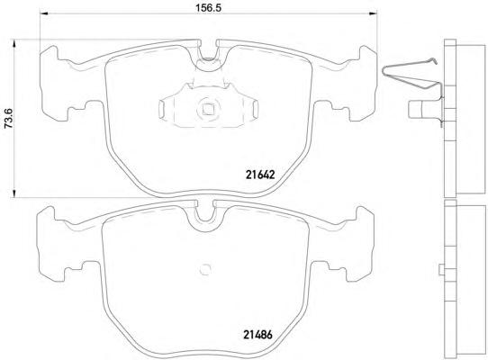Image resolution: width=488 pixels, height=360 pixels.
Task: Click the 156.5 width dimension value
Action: coord(209,7)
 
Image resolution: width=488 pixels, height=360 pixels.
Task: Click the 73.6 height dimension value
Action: coord(8,119)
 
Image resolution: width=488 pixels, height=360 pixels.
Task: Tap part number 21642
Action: coord(260,175)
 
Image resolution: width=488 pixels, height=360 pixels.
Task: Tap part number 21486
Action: coord(258,335)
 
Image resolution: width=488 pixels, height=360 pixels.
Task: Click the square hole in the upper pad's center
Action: coord(208,109)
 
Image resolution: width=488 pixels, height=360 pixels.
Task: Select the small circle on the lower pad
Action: coord(205,269)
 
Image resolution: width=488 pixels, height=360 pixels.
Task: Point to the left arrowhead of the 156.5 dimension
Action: coord(44,13)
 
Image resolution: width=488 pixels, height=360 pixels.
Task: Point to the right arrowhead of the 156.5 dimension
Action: coord(373,13)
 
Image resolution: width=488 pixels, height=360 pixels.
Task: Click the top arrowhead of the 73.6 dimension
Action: coord(14,43)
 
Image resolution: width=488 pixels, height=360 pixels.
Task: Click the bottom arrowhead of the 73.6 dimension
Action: coord(14,193)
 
